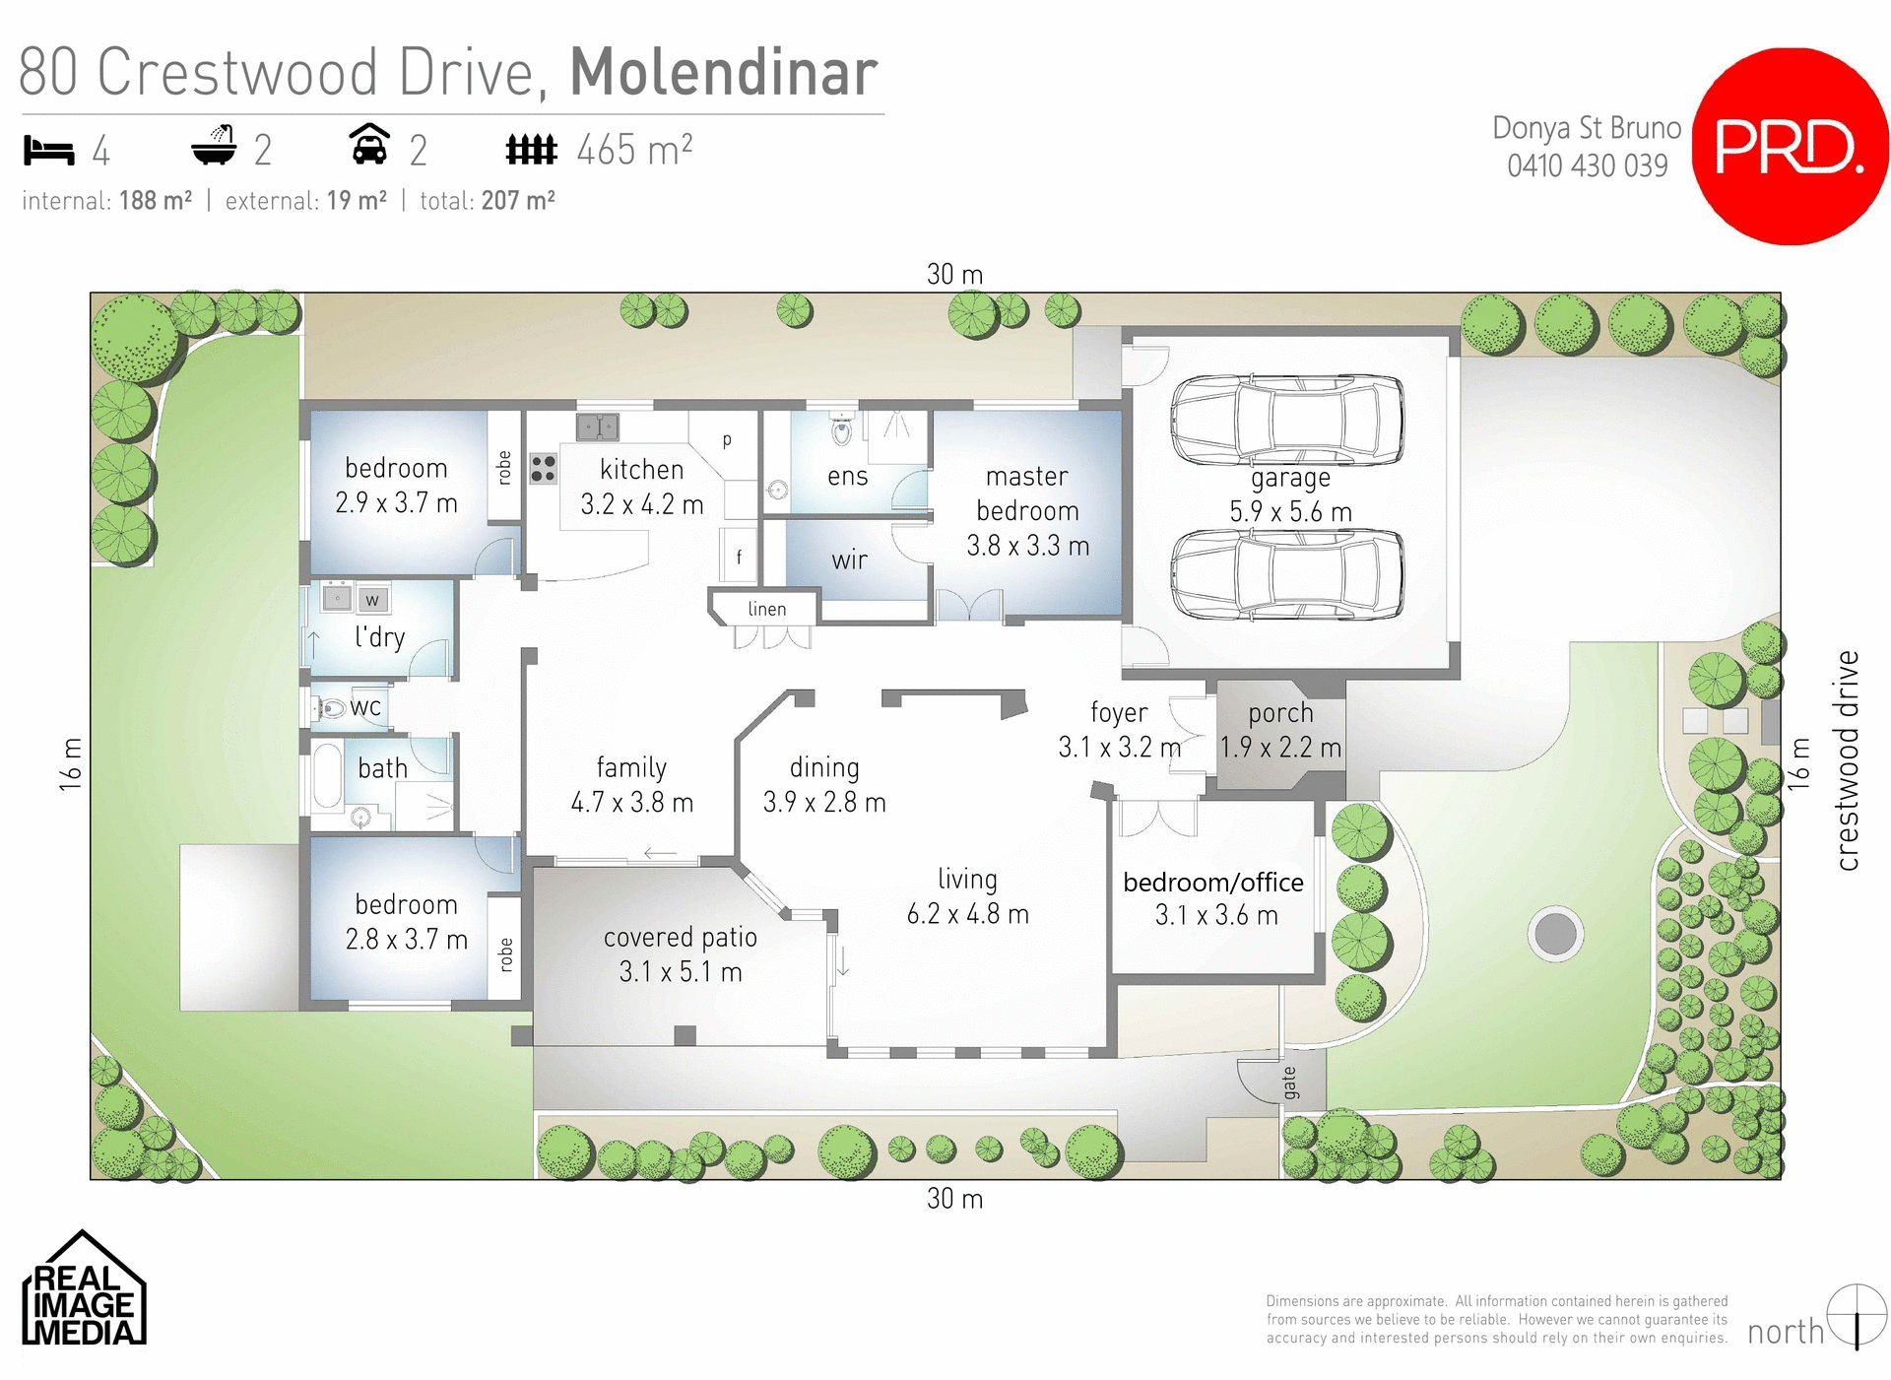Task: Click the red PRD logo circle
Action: [x=1790, y=146]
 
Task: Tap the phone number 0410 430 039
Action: [x=1587, y=165]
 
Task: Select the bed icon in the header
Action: [x=49, y=151]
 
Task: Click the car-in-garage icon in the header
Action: [x=369, y=145]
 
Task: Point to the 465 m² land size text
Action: [x=633, y=151]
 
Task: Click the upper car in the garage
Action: [x=1287, y=420]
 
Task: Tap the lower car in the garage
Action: [x=1287, y=574]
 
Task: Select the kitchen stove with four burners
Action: [x=543, y=469]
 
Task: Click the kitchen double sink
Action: [x=597, y=427]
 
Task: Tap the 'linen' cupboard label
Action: [x=766, y=609]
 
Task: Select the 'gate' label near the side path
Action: [x=1289, y=1083]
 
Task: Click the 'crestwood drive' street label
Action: [x=1847, y=759]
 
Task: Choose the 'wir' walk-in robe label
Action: [x=849, y=560]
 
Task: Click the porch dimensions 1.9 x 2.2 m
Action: [x=1279, y=748]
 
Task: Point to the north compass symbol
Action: [x=1857, y=1315]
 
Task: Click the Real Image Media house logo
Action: [x=84, y=1289]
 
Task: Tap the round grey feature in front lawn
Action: [x=1555, y=933]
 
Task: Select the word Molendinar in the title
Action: [x=723, y=72]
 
